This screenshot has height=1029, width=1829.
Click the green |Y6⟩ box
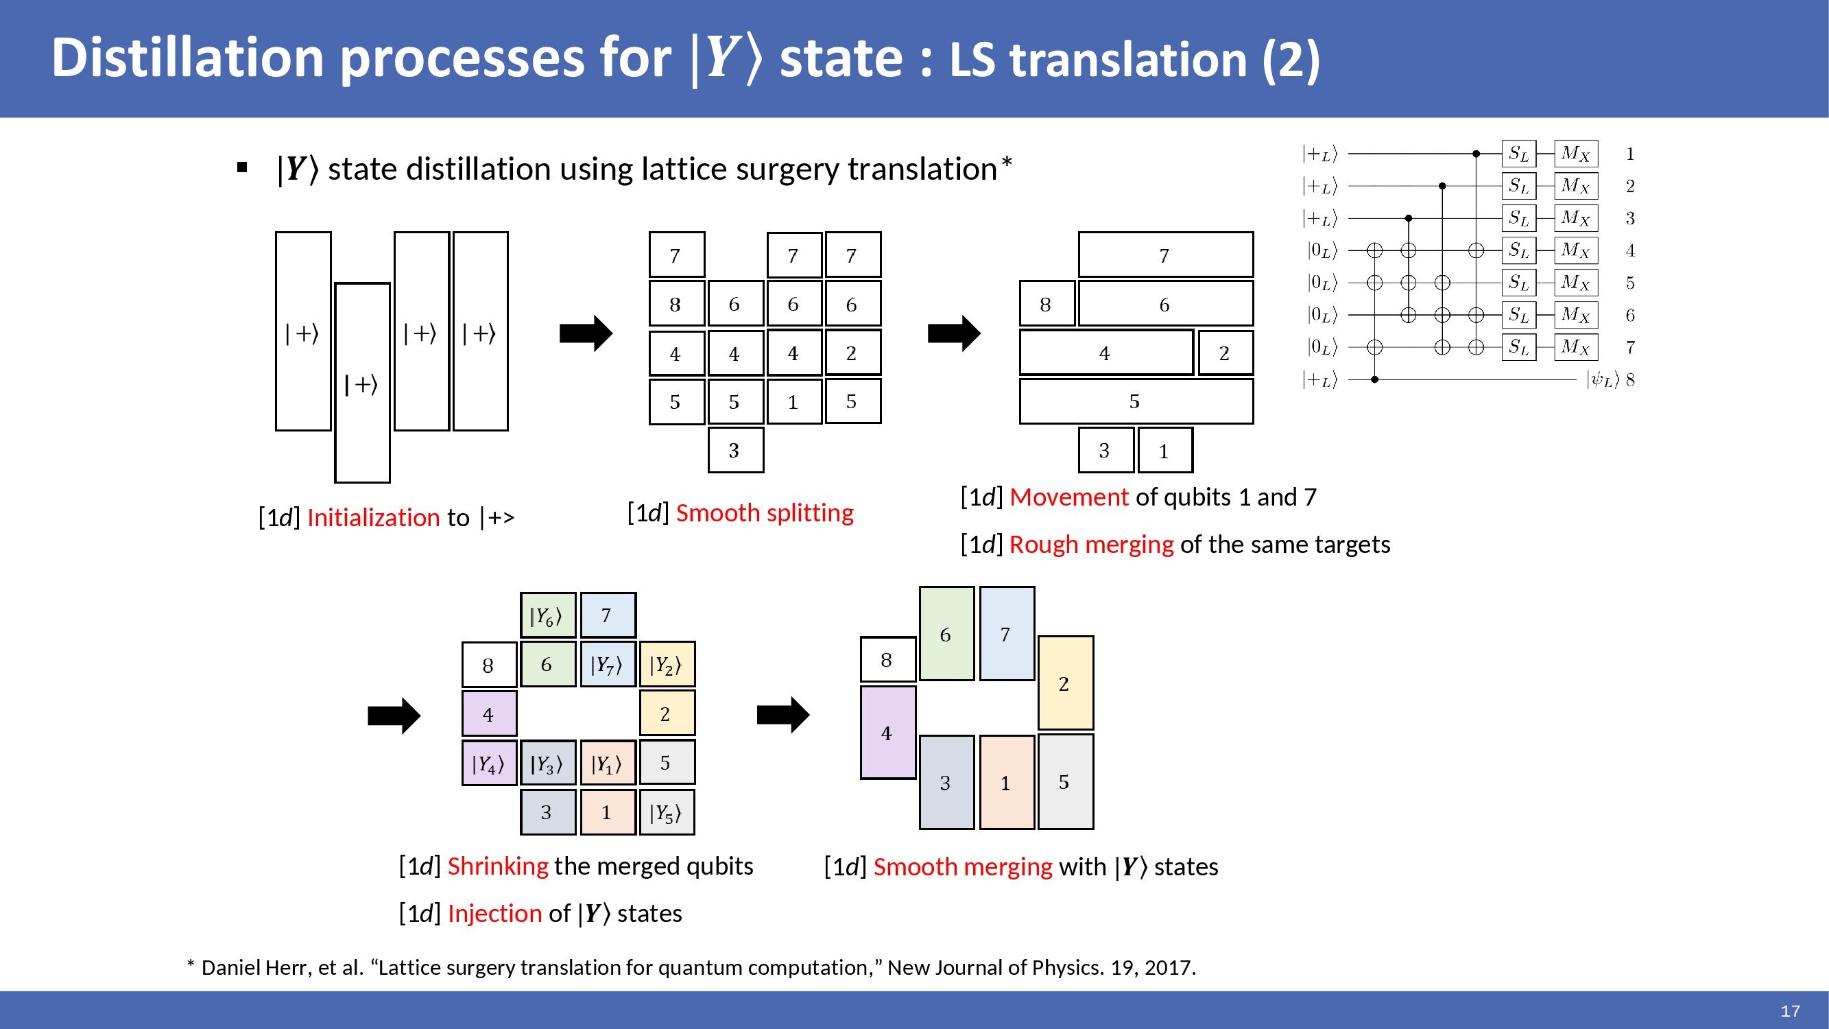click(547, 615)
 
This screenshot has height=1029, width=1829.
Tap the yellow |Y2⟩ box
click(667, 664)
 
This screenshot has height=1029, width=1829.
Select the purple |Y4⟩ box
click(488, 763)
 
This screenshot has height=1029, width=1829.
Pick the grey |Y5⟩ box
click(667, 812)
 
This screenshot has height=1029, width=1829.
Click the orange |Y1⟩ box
click(607, 763)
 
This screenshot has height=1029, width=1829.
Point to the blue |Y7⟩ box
click(607, 664)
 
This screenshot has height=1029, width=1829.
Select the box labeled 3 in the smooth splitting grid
click(736, 449)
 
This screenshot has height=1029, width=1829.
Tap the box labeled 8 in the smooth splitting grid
click(676, 304)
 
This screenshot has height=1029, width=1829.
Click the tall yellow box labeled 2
click(1065, 683)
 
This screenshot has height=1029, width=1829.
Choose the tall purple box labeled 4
click(887, 732)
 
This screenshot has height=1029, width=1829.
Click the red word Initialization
click(374, 518)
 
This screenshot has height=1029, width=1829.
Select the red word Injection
click(495, 913)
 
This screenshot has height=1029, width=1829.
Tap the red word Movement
click(1068, 497)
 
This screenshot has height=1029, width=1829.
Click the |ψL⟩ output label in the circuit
click(1603, 380)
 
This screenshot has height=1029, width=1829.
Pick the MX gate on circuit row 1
click(1575, 154)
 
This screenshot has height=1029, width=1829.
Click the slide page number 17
click(1790, 1010)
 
